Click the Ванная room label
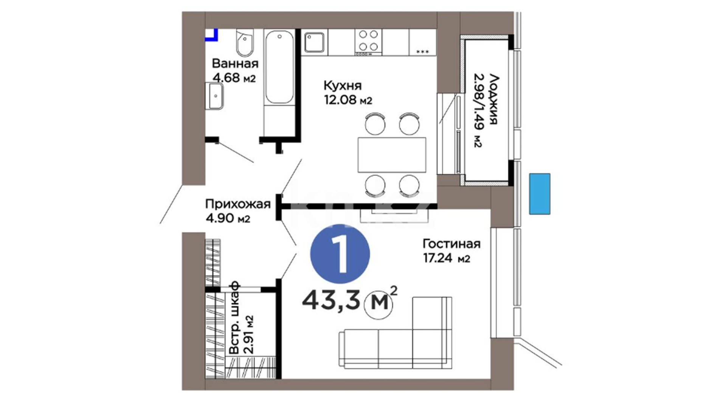pos(235,63)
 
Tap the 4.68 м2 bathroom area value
pos(234,77)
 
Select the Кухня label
pos(343,86)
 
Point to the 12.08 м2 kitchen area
pos(348,100)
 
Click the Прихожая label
pos(238,204)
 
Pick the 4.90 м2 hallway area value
pos(228,218)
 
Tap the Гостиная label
pos(451,244)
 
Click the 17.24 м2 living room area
pos(446,259)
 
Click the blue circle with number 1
pos(340,254)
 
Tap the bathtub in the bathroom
pos(279,67)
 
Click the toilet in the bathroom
pos(245,42)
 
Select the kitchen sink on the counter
pos(314,42)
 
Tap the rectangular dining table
pos(392,155)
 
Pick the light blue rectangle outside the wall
pos(540,194)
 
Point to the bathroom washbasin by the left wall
pos(214,96)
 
